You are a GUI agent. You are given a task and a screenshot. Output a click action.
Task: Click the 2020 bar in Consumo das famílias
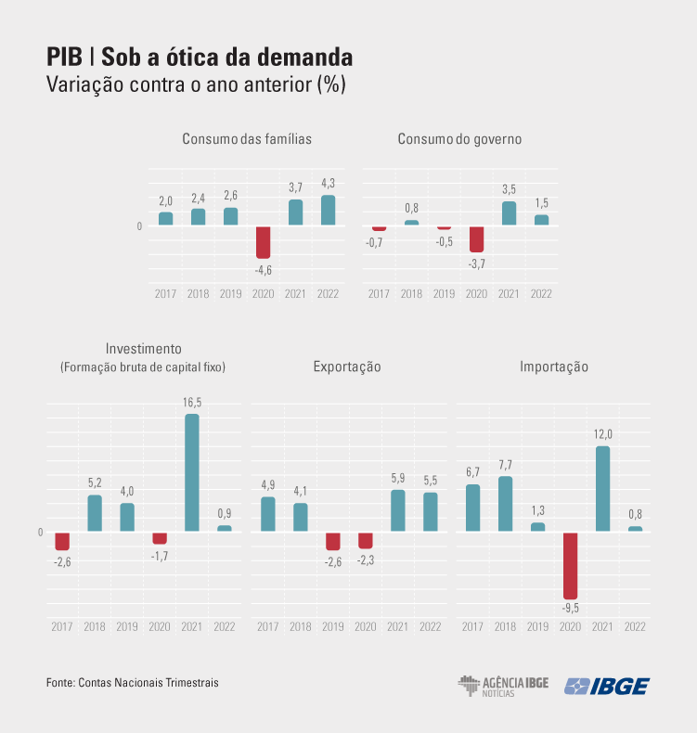tap(263, 242)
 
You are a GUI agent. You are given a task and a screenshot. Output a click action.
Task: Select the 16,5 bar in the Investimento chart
tap(192, 472)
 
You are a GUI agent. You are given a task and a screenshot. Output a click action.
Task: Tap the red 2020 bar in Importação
tap(570, 565)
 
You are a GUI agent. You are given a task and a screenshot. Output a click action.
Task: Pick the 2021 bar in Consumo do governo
tap(509, 213)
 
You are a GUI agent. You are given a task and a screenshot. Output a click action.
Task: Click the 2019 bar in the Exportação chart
tap(333, 541)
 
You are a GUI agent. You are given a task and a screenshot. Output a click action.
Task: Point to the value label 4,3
tap(328, 183)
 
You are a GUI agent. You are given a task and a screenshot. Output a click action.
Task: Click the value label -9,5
tap(570, 609)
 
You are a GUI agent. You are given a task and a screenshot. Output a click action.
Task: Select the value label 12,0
tap(602, 434)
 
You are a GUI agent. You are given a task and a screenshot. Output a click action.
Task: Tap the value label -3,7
tap(476, 264)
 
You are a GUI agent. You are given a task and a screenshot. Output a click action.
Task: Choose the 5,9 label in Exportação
tap(397, 478)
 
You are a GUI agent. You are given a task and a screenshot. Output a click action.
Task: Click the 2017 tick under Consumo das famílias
tap(165, 294)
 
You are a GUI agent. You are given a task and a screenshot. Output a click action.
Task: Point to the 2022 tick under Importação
tap(635, 627)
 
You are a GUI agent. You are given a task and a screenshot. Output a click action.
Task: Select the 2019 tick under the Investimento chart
tap(127, 627)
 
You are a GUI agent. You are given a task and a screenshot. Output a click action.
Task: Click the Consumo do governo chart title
tap(459, 139)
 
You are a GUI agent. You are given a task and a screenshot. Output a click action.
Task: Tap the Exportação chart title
tap(347, 366)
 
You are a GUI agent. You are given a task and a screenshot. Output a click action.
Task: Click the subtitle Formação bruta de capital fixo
tap(143, 367)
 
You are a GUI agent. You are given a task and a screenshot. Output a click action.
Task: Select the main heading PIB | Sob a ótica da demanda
tap(200, 58)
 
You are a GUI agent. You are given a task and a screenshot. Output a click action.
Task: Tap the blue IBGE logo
tap(607, 686)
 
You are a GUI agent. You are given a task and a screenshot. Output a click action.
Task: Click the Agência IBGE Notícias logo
tap(503, 686)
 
